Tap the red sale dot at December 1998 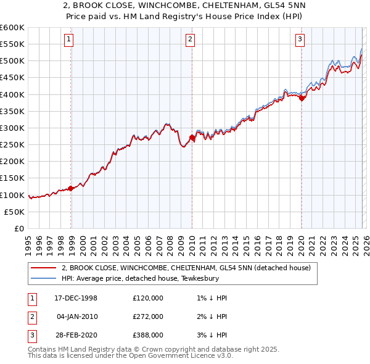point(71,188)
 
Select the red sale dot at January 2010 point(192,138)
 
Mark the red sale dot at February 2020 point(302,97)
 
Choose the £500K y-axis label point(12,61)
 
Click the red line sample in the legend point(43,268)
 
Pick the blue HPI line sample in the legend point(43,278)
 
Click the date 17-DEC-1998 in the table point(76,298)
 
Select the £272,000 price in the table point(148,316)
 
